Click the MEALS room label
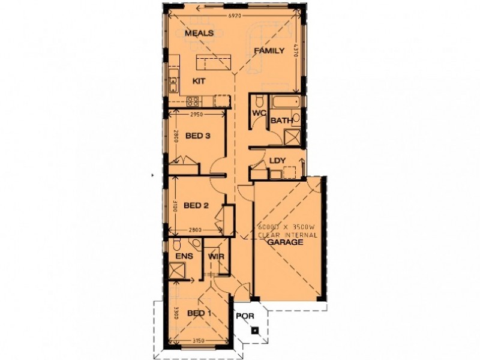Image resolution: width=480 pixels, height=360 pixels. tap(199, 33)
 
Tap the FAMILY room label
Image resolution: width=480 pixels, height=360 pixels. tap(268, 51)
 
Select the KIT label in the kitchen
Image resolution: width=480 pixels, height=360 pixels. tap(199, 80)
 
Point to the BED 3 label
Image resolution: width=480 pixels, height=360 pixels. tap(197, 136)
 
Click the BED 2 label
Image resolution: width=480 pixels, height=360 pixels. tap(196, 206)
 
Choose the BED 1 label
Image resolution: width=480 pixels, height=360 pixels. tap(199, 314)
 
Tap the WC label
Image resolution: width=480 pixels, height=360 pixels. tap(259, 113)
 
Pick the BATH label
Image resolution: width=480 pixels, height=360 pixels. tap(281, 121)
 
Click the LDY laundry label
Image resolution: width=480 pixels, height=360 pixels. tap(278, 160)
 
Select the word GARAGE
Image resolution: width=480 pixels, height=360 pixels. tap(284, 244)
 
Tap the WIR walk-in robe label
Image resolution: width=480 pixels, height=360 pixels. tap(215, 257)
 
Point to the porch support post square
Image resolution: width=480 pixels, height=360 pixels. tap(256, 330)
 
